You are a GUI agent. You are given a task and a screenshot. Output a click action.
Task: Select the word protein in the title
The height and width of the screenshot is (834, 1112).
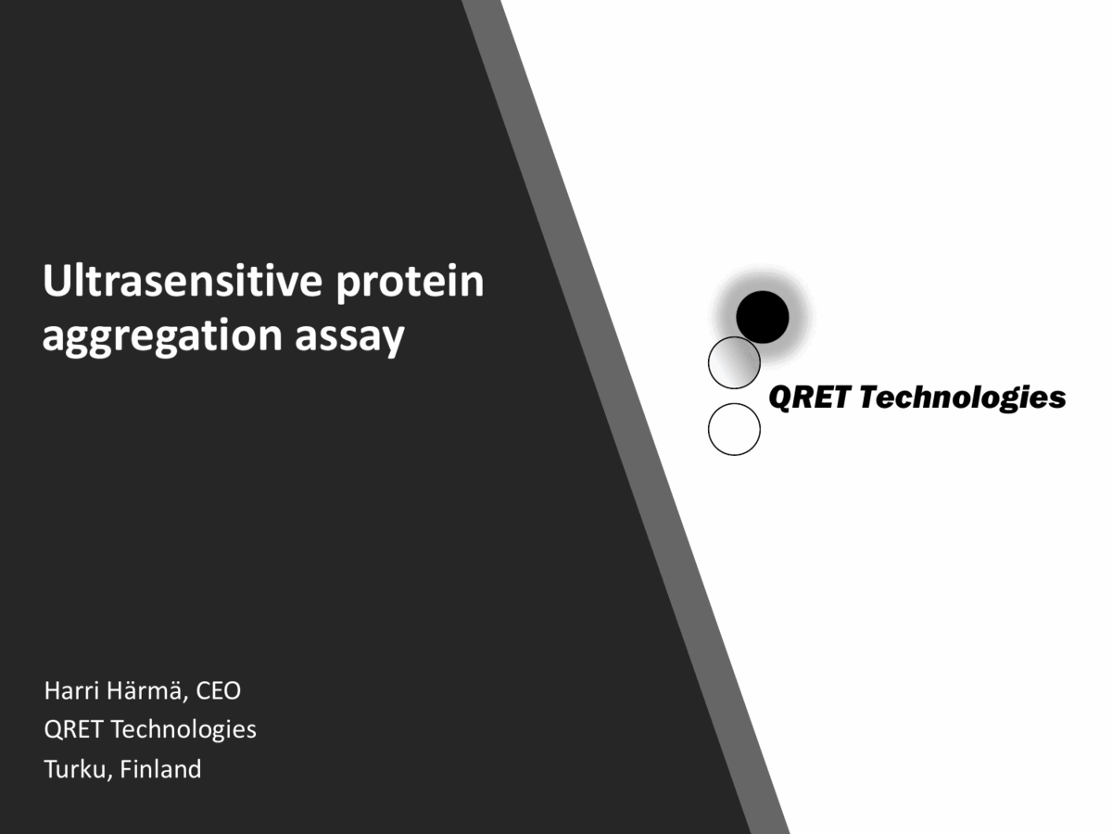409,282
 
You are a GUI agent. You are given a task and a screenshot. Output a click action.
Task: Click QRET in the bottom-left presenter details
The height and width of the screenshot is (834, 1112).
73,729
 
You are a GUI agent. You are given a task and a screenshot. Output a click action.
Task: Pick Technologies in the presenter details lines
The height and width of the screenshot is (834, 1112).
183,729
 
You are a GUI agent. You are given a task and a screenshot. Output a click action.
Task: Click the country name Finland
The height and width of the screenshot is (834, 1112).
161,768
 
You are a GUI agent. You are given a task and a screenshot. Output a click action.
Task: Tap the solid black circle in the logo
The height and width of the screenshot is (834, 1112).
763,317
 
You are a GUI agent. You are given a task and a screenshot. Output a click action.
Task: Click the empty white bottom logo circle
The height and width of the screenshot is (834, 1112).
734,429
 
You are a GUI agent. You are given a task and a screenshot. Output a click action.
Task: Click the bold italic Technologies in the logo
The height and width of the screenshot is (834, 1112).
960,398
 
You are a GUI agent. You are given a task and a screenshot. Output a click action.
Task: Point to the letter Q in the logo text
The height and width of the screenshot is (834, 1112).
780,398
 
